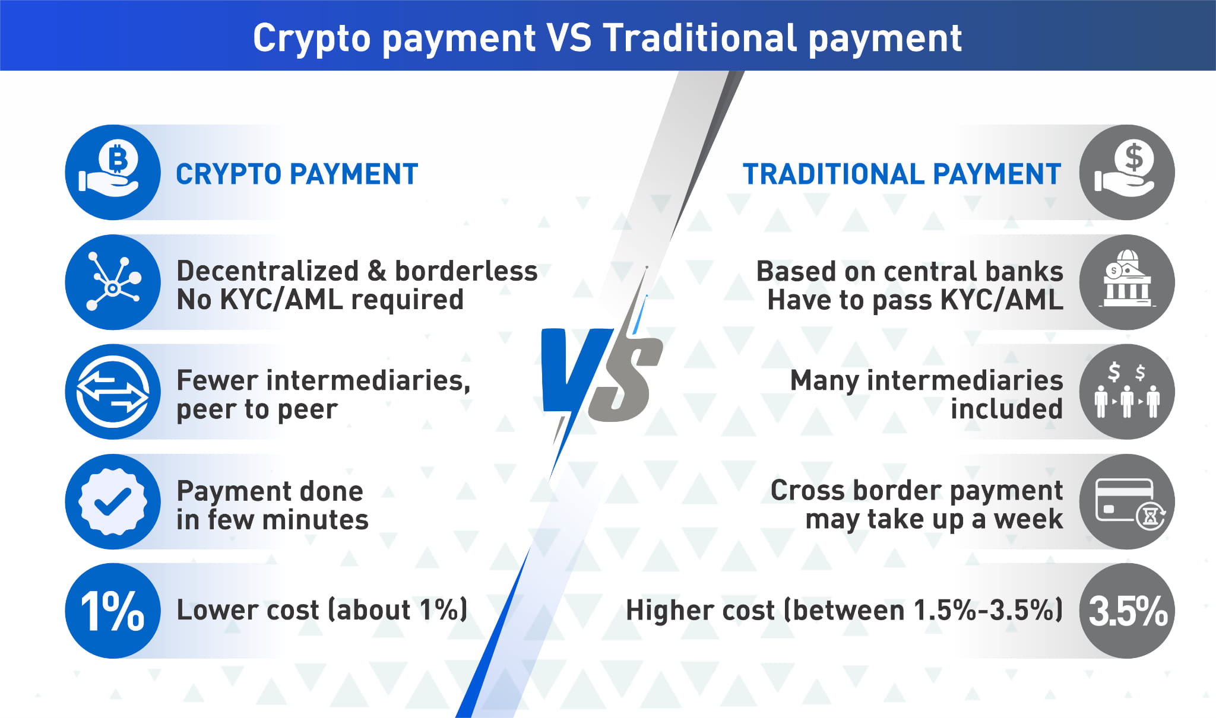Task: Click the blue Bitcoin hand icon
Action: (113, 172)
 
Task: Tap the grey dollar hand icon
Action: (1127, 172)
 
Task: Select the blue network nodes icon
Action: (113, 282)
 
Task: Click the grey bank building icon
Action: (1127, 282)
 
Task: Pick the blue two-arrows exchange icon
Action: (113, 392)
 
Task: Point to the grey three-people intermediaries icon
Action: (1127, 392)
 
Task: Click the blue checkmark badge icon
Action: (113, 501)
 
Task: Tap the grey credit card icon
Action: (1127, 501)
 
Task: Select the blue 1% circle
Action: (113, 611)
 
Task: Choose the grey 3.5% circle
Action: (1127, 611)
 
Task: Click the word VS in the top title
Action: (569, 38)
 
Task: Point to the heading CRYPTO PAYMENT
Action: (297, 174)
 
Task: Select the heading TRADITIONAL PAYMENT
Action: (902, 174)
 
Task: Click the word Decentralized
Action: (268, 271)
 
